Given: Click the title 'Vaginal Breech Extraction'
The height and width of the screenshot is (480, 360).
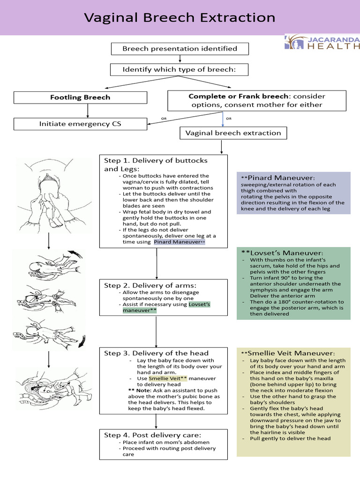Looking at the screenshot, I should pyautogui.click(x=180, y=18).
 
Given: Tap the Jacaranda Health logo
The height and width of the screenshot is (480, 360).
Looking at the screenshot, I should pyautogui.click(x=322, y=42).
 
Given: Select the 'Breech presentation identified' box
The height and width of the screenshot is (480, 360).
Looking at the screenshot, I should pyautogui.click(x=180, y=48).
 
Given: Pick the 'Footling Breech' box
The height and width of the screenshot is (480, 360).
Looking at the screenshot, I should pyautogui.click(x=80, y=97).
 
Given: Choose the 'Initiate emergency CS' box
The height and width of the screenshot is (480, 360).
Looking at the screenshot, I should pyautogui.click(x=80, y=124).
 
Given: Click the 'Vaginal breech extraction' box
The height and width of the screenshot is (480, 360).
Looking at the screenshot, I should pyautogui.click(x=233, y=133).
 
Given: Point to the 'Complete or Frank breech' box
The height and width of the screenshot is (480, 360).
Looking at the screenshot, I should pyautogui.click(x=256, y=100).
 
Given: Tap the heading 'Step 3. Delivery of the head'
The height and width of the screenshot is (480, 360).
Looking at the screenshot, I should pyautogui.click(x=156, y=353).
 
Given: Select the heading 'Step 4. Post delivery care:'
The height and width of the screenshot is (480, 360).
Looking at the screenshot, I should pyautogui.click(x=152, y=435).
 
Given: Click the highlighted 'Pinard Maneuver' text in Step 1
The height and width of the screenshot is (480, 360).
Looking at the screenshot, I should pyautogui.click(x=179, y=242).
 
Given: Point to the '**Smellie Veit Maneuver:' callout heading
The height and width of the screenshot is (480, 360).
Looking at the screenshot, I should pyautogui.click(x=288, y=353).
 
